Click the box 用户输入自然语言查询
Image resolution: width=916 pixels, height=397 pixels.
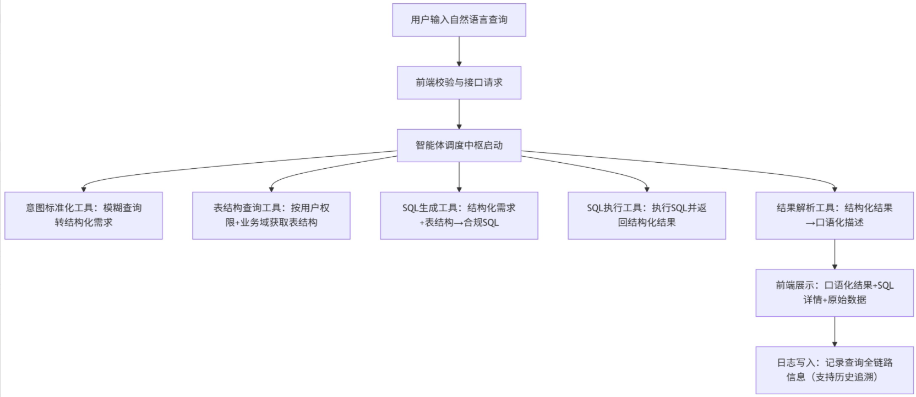point(459,20)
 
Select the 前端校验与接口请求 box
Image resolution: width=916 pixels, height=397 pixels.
point(459,82)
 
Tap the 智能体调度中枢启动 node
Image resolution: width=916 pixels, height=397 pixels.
point(459,145)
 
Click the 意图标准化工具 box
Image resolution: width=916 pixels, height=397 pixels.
point(84,215)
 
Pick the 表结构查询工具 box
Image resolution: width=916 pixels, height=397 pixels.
point(271,215)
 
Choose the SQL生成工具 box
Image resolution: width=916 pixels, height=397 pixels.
point(459,215)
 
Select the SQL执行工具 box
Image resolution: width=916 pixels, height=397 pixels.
point(647,215)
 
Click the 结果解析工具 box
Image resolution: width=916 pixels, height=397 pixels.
point(835,215)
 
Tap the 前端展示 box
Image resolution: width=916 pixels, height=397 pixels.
point(835,293)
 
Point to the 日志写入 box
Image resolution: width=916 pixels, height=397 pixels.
point(835,370)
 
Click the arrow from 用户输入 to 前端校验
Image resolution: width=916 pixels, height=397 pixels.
point(459,51)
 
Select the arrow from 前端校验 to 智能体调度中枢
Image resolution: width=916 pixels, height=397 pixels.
point(459,114)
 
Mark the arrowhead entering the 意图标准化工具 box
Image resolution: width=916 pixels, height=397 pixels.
point(84,189)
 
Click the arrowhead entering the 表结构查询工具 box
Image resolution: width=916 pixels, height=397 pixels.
point(271,189)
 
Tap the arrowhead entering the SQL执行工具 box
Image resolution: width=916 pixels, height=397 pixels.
point(647,189)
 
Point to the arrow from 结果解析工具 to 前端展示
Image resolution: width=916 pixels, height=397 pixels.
point(835,254)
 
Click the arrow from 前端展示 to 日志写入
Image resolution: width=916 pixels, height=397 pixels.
point(835,331)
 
